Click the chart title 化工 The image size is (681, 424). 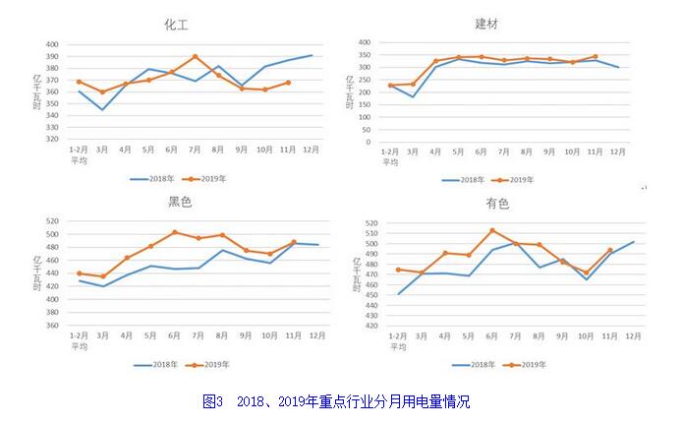176,25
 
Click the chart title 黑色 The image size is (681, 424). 180,202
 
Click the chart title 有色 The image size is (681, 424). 497,204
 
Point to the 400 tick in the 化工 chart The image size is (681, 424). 52,44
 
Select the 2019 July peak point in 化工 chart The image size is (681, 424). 195,56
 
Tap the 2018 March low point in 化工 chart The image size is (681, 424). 101,109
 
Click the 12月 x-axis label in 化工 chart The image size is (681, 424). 311,150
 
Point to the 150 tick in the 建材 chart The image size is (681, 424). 362,109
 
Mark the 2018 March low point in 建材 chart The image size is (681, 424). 413,96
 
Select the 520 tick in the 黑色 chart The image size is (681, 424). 52,221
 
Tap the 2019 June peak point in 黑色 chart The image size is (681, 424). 174,232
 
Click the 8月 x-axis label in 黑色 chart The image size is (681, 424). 223,336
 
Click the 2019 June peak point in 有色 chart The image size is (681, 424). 492,230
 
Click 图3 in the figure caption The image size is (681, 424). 213,401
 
